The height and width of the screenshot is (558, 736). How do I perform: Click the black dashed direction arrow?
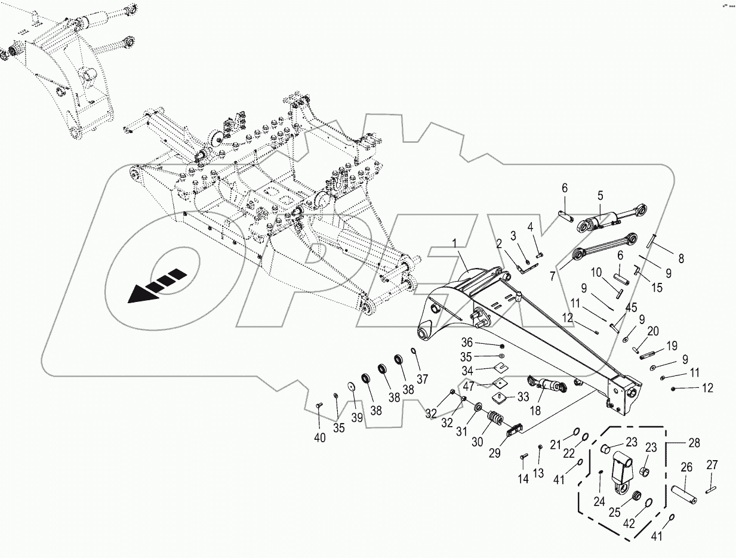pos(154,286)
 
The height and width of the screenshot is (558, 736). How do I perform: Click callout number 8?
pos(664,258)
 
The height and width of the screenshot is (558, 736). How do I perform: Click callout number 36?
pos(467,343)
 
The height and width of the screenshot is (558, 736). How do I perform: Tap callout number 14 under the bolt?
pos(523,479)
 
